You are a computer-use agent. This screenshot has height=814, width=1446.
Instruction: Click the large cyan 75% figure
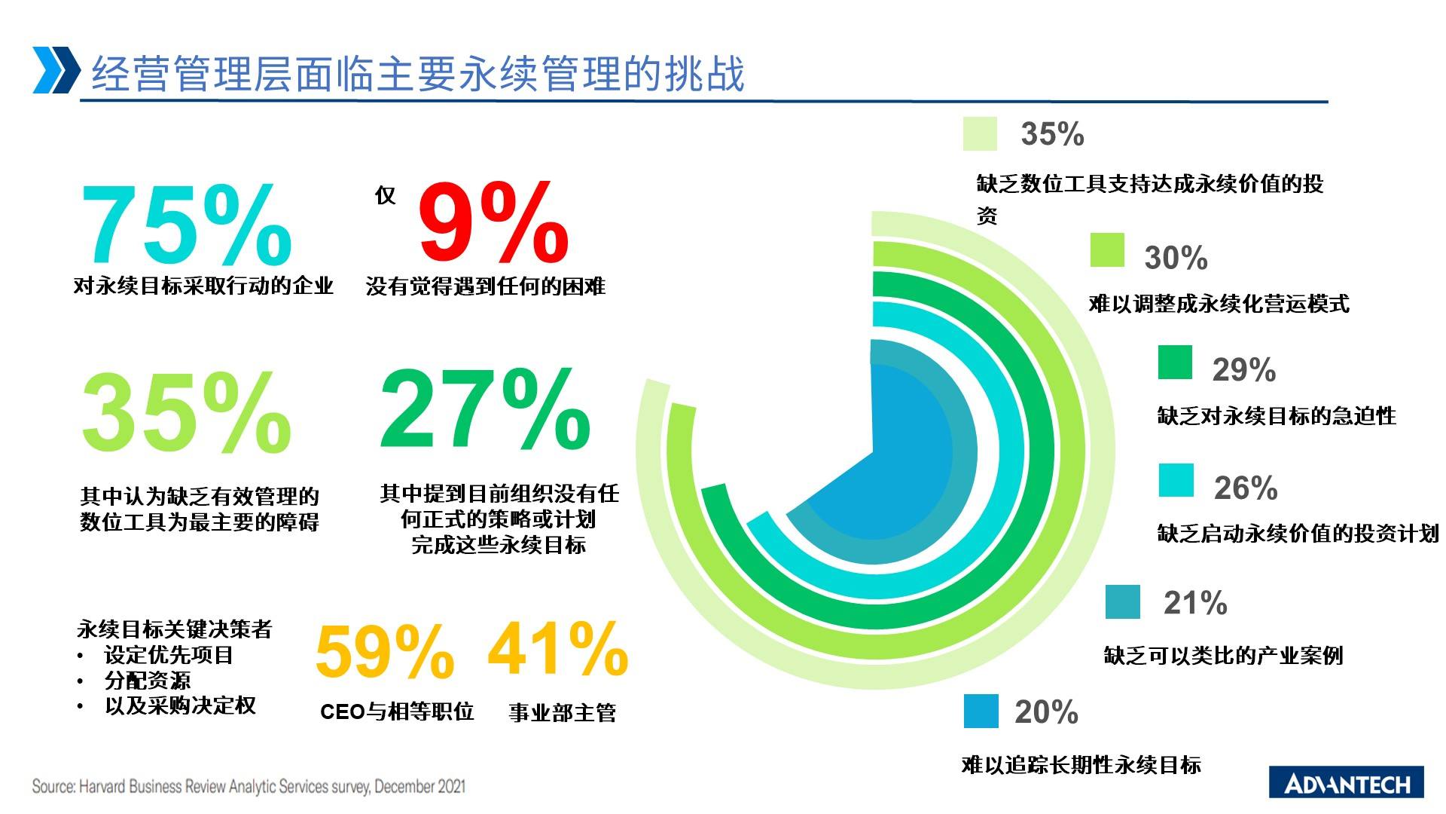(x=186, y=224)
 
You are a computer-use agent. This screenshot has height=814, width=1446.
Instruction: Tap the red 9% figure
(x=493, y=222)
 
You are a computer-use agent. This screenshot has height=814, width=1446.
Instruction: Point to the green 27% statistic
(x=485, y=409)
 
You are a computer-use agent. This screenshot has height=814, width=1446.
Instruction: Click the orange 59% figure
(x=385, y=650)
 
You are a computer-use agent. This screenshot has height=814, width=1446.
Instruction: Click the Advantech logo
(x=1347, y=782)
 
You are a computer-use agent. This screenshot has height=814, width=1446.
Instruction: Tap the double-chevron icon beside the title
(x=56, y=70)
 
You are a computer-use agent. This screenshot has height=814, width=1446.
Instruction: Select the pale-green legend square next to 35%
(x=980, y=133)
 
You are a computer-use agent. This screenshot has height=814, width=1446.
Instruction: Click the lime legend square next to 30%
(x=1107, y=250)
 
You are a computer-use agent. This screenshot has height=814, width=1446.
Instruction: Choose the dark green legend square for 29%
(x=1175, y=362)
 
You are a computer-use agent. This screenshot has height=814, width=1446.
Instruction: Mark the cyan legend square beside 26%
(x=1176, y=480)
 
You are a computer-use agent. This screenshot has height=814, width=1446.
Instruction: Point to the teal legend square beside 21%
(x=1123, y=601)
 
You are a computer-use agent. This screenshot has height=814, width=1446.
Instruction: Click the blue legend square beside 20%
(x=981, y=711)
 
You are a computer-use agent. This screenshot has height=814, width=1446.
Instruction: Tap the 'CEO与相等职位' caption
(x=397, y=711)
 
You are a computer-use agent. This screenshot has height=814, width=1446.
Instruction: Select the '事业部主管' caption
(x=563, y=712)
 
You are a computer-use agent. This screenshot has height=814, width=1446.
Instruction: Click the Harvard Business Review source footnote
(x=249, y=787)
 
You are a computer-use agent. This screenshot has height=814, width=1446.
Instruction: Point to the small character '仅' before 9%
(x=385, y=196)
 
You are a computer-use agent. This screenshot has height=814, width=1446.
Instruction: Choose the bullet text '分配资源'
(x=148, y=680)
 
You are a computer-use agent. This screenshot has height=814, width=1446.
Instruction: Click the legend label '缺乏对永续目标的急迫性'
(x=1277, y=416)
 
